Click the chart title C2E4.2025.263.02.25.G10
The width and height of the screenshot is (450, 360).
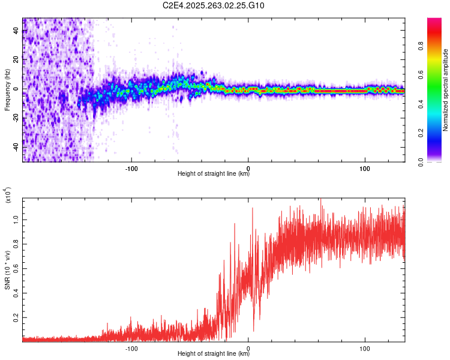click(214, 5)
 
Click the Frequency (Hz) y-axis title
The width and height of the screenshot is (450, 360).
click(7, 89)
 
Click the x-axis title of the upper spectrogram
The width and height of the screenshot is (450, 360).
click(213, 174)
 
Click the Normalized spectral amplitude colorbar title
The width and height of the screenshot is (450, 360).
click(446, 90)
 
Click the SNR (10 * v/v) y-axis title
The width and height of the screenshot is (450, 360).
click(7, 270)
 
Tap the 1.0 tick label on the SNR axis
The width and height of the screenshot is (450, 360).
click(16, 220)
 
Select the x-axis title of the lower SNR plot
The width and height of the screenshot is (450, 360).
click(213, 354)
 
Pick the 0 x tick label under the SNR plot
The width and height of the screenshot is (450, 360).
click(248, 347)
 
